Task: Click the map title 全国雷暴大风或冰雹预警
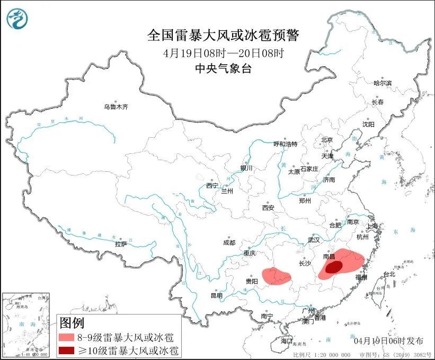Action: pyautogui.click(x=223, y=36)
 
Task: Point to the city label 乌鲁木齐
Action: pyautogui.click(x=116, y=107)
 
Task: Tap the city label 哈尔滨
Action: pyautogui.click(x=383, y=83)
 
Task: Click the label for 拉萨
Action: pyautogui.click(x=121, y=244)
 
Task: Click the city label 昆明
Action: pyautogui.click(x=217, y=295)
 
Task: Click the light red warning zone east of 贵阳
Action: pyautogui.click(x=277, y=276)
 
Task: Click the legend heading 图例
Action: pyautogui.click(x=72, y=322)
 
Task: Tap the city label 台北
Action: pyautogui.click(x=389, y=274)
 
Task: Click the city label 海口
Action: pyautogui.click(x=287, y=340)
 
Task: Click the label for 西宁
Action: pyautogui.click(x=212, y=186)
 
